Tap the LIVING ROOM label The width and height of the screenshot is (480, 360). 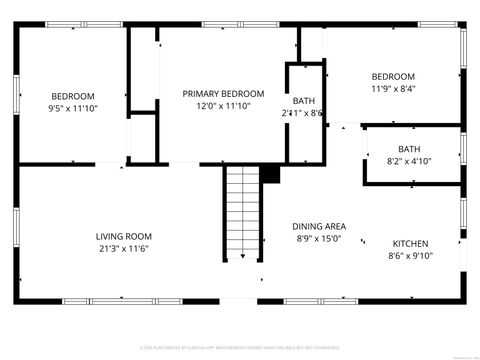coord(124,236)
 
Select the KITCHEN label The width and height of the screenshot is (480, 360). coord(410,243)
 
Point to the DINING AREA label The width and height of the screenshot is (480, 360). coord(319,226)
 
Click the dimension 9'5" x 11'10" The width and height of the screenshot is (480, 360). coord(73,107)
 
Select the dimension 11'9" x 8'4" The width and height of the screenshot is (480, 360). coord(393,89)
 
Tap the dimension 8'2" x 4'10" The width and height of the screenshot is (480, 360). coord(409,161)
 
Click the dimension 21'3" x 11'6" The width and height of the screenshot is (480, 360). coord(124,248)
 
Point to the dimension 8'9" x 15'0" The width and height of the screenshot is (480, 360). coord(319,238)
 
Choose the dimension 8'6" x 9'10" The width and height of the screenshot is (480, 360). coord(410,255)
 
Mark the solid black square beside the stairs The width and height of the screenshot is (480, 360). coord(269,174)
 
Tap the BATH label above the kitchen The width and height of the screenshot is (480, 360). coord(409,149)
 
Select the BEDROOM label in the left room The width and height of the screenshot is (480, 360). coord(73,95)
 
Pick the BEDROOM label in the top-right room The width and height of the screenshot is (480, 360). coord(393,77)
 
